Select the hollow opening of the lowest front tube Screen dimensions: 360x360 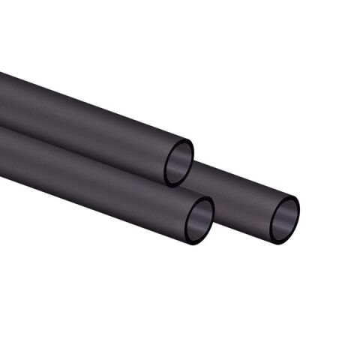tap(200, 222)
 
